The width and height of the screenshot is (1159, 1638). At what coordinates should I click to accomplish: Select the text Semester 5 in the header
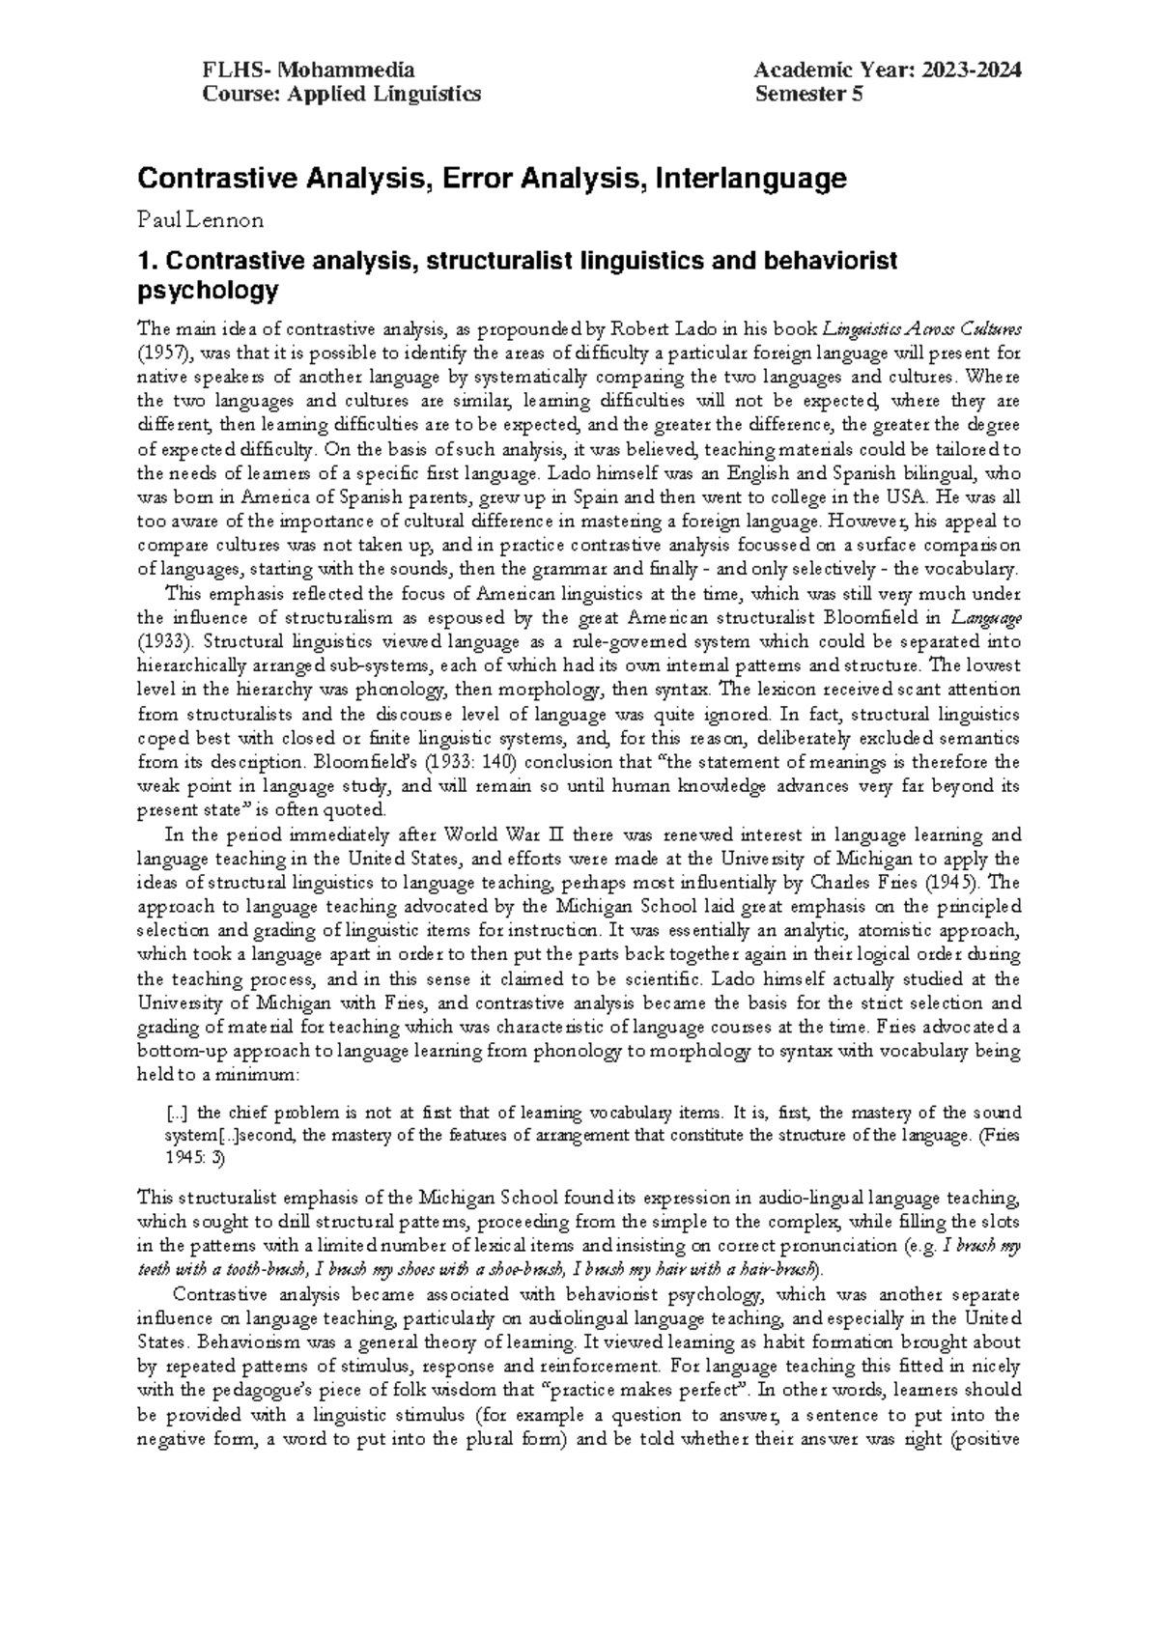[x=809, y=94]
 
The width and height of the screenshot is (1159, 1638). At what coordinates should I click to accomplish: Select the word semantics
[x=976, y=737]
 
